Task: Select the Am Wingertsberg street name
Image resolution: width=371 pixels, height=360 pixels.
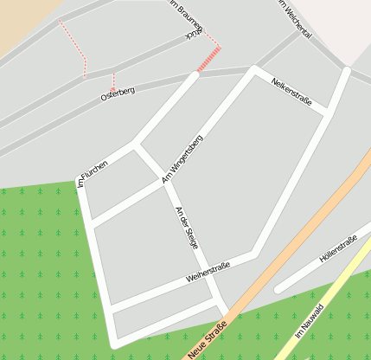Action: point(182,157)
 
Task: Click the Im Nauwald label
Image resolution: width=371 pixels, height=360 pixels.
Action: point(309,320)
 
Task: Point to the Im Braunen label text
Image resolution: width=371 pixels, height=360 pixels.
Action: point(186,16)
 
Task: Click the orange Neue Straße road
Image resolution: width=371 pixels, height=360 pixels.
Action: point(285,251)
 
